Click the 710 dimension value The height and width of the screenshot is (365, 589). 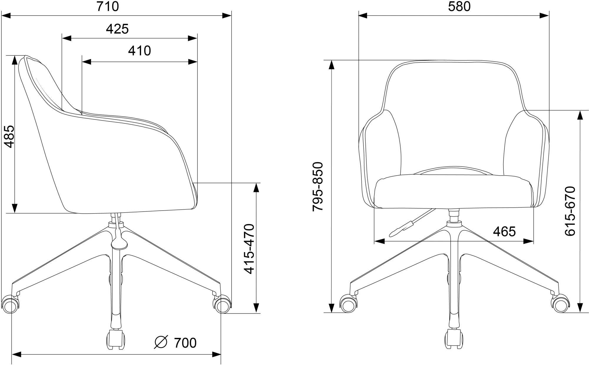pos(108,6)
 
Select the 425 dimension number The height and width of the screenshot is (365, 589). pos(117,29)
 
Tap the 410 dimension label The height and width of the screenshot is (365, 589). pos(139,51)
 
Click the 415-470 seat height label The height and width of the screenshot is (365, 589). pos(249,249)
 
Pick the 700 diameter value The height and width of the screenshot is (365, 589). pos(185,343)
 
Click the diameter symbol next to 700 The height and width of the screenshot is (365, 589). pos(161,342)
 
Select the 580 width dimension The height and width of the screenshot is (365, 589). pos(459,6)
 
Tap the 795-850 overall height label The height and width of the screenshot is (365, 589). pos(318,186)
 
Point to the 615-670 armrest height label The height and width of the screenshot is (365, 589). pos(570,211)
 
